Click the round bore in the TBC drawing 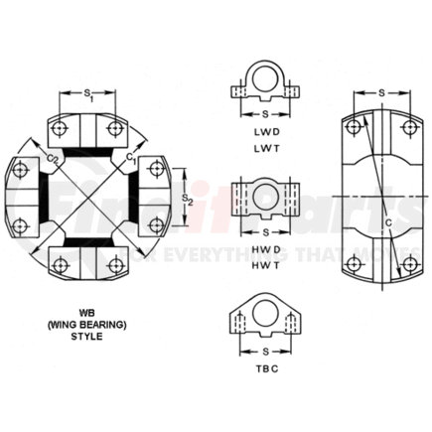(x=264, y=316)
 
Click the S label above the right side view (x=382, y=93)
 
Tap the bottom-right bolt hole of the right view (x=408, y=263)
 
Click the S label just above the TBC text (x=264, y=349)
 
